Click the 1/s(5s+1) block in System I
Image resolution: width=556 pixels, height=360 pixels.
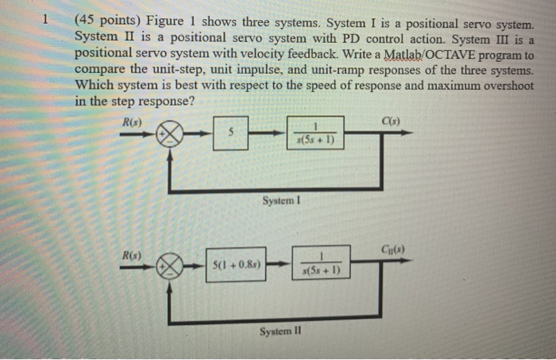(316, 133)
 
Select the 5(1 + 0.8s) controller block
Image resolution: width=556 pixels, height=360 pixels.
(235, 263)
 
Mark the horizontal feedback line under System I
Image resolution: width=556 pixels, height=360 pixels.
(278, 190)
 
